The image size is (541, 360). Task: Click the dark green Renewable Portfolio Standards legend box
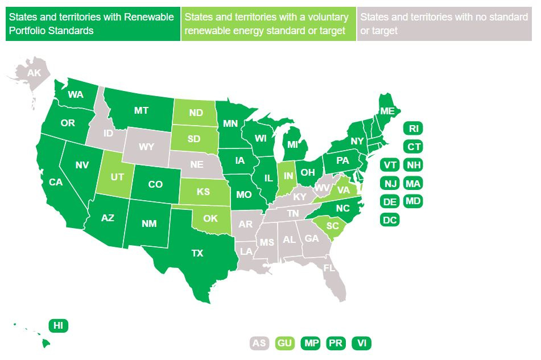pos(93,24)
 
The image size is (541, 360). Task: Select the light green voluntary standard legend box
pos(269,24)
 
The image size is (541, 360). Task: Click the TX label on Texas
pos(197,254)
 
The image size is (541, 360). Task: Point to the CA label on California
pos(56,183)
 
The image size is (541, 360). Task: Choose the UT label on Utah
pos(117,177)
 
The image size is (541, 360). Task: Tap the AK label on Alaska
pos(34,73)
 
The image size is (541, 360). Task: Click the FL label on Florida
pos(329,267)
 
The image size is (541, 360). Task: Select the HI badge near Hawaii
pos(58,325)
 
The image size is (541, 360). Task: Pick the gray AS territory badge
pos(259,343)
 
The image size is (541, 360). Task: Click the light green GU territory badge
pos(284,343)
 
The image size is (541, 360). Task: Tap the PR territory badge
pos(336,343)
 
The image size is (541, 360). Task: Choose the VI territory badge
pos(361,343)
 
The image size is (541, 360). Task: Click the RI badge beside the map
pos(413,128)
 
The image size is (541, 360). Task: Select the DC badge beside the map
pos(390,220)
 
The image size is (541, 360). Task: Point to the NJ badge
pos(390,183)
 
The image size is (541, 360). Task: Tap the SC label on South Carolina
pos(333,226)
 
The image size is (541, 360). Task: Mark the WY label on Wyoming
pos(147,147)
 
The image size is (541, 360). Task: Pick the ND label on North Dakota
pos(196,113)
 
